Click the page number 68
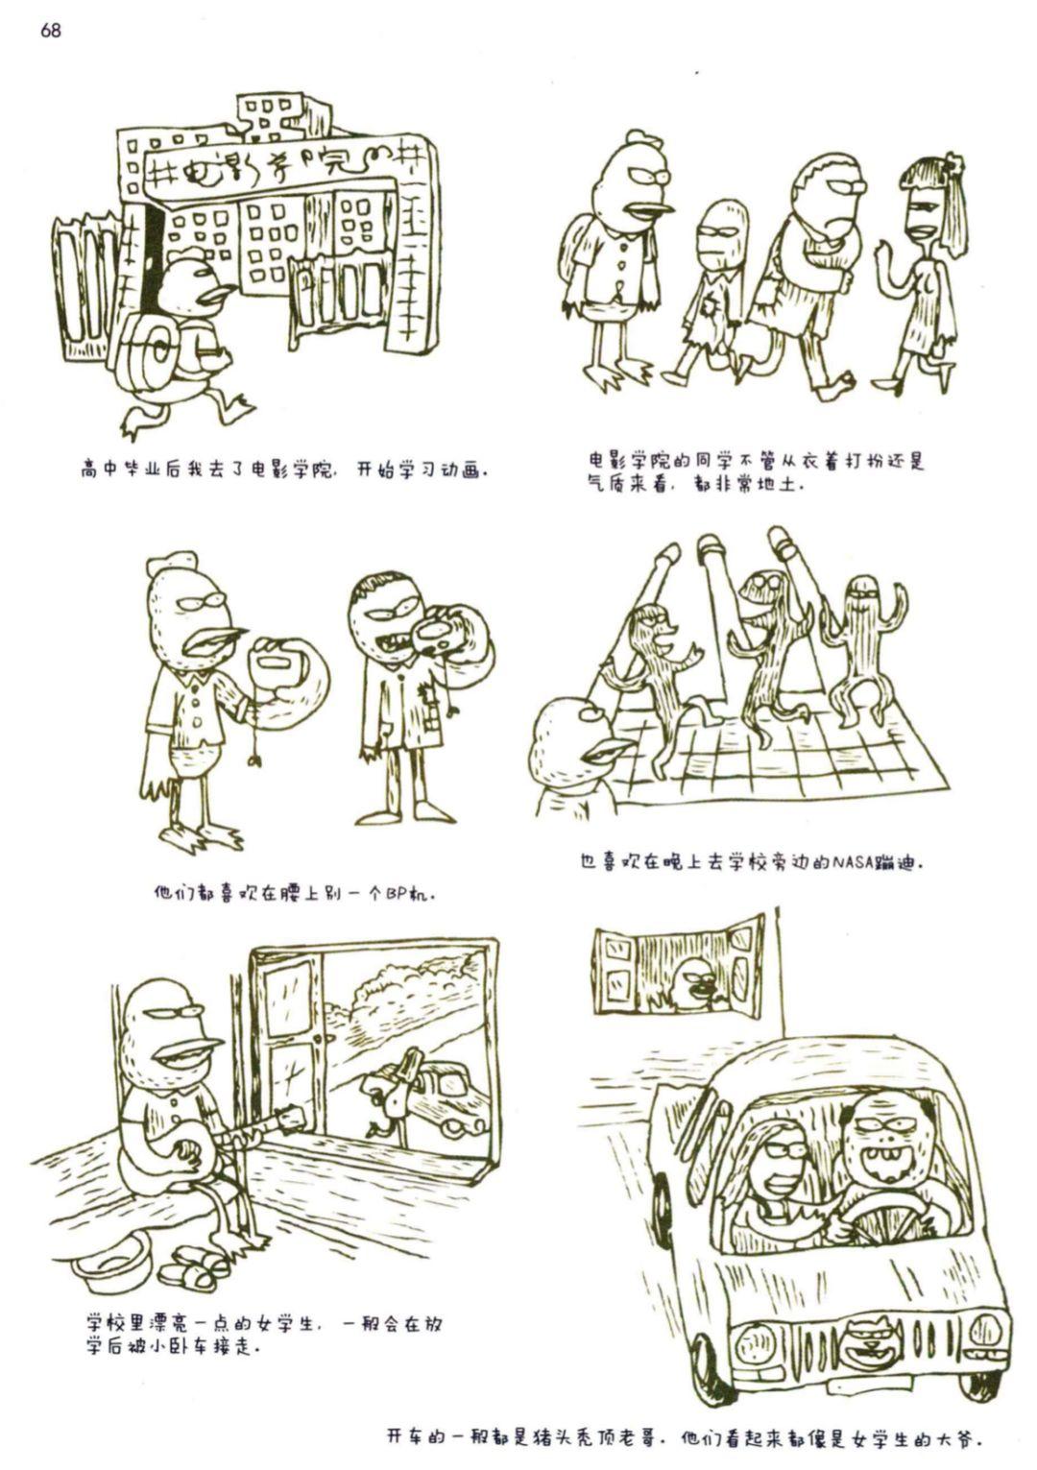(51, 30)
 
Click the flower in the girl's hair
(951, 164)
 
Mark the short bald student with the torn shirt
(712, 296)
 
